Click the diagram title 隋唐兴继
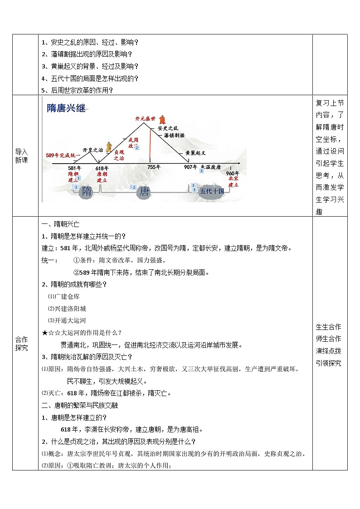[x=66, y=108]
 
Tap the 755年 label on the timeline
[x=154, y=167]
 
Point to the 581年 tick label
[x=74, y=168]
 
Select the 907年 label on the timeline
[x=190, y=167]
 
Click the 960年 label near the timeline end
[x=233, y=174]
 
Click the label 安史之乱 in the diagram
[x=168, y=128]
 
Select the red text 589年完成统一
[x=63, y=155]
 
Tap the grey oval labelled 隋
[x=86, y=192]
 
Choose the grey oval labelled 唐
[x=144, y=192]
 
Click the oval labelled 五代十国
[x=212, y=191]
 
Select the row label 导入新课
[x=21, y=156]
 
